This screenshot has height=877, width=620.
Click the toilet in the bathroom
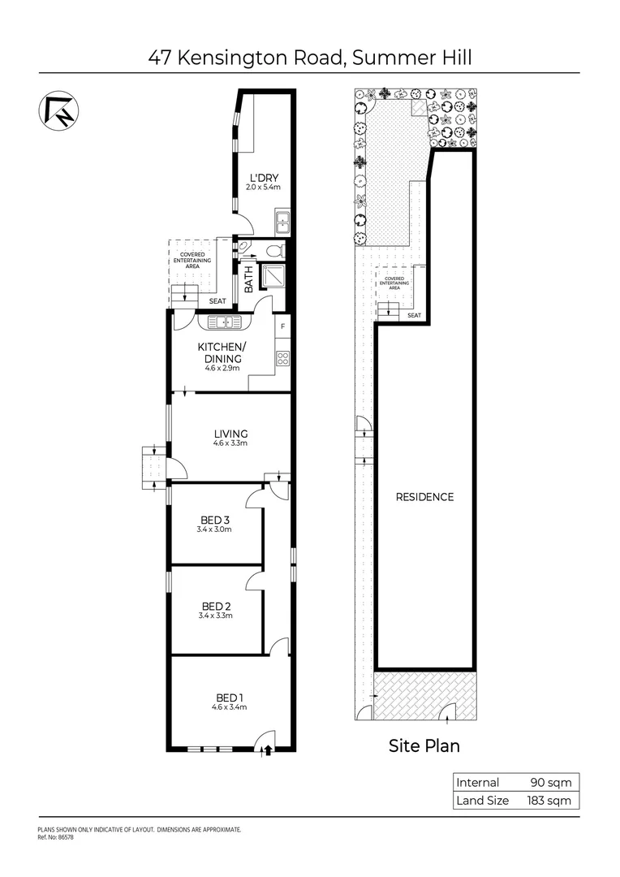(x=276, y=249)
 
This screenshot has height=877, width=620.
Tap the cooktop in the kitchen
(x=282, y=357)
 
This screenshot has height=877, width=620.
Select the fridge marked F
(x=282, y=327)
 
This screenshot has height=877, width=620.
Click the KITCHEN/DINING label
(x=220, y=352)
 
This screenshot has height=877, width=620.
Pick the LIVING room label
(x=230, y=434)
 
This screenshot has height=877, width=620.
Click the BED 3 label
(x=216, y=520)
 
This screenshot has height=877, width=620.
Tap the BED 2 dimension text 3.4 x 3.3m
(x=215, y=616)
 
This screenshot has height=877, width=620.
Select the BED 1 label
(x=230, y=698)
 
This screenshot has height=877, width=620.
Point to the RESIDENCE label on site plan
(x=424, y=497)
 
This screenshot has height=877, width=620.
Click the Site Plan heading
(x=424, y=745)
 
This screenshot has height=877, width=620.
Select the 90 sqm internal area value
(x=553, y=783)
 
